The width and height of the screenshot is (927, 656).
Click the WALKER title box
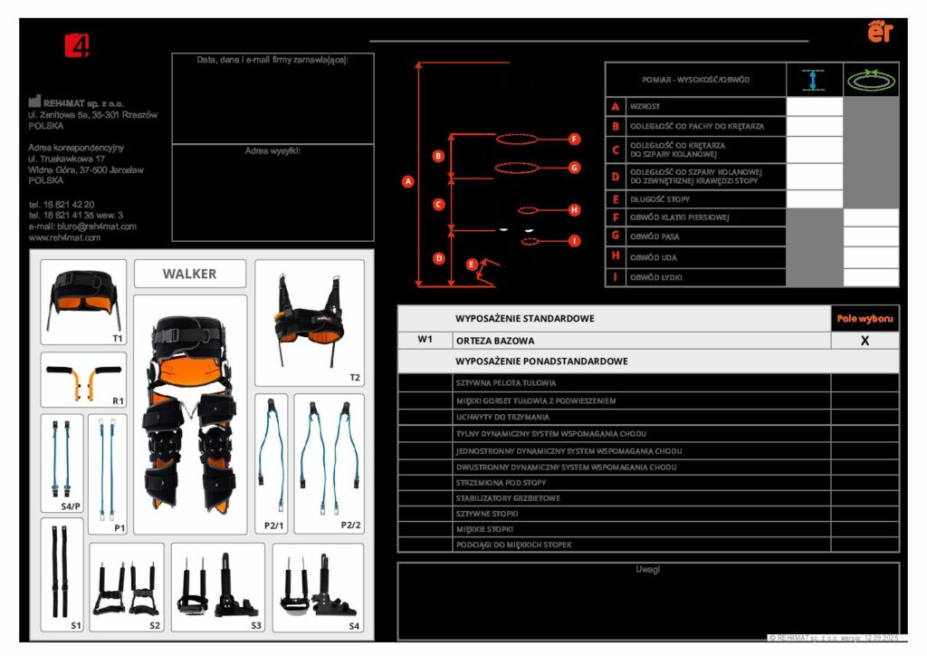tap(190, 274)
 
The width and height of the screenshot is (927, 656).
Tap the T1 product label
tap(118, 338)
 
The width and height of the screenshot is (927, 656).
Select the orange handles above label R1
tap(82, 380)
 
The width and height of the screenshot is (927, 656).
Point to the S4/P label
tap(70, 506)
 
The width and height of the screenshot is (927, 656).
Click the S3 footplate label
tap(255, 625)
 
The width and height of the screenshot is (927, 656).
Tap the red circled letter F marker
tap(574, 140)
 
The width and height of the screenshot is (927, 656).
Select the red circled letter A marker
tap(407, 181)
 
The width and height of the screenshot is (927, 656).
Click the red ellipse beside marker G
tap(517, 168)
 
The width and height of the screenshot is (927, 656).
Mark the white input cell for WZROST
tap(815, 107)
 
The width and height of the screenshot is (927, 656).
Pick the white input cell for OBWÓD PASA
tap(871, 236)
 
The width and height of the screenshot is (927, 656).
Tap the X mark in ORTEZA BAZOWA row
tap(865, 341)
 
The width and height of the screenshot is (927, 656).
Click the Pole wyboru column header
tap(865, 319)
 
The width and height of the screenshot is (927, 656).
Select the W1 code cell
tap(425, 341)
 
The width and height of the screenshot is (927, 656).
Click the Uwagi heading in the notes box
tap(648, 570)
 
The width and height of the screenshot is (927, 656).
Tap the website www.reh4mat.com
tap(64, 237)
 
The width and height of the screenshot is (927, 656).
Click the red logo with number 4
tap(77, 45)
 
